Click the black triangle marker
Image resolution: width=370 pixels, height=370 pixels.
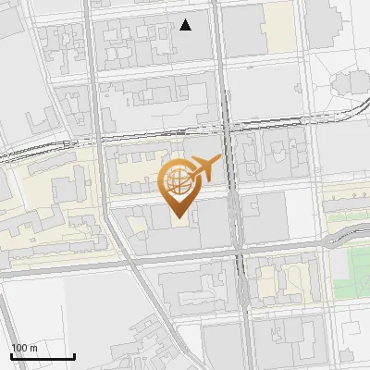pyautogui.click(x=186, y=25)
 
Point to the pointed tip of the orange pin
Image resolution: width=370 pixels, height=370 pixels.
pyautogui.click(x=178, y=217)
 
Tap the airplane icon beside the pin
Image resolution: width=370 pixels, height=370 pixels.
pyautogui.click(x=204, y=169)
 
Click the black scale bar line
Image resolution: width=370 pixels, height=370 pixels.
pyautogui.click(x=43, y=356)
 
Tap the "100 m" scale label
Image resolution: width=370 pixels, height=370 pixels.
pyautogui.click(x=24, y=348)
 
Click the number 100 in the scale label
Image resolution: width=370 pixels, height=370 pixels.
pyautogui.click(x=19, y=348)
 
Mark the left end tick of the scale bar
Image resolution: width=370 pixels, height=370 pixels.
pyautogui.click(x=11, y=354)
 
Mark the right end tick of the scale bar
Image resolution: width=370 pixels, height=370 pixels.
pyautogui.click(x=74, y=354)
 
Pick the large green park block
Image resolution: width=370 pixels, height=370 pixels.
pyautogui.click(x=349, y=268)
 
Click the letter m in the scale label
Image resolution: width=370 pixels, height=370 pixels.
pyautogui.click(x=32, y=348)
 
